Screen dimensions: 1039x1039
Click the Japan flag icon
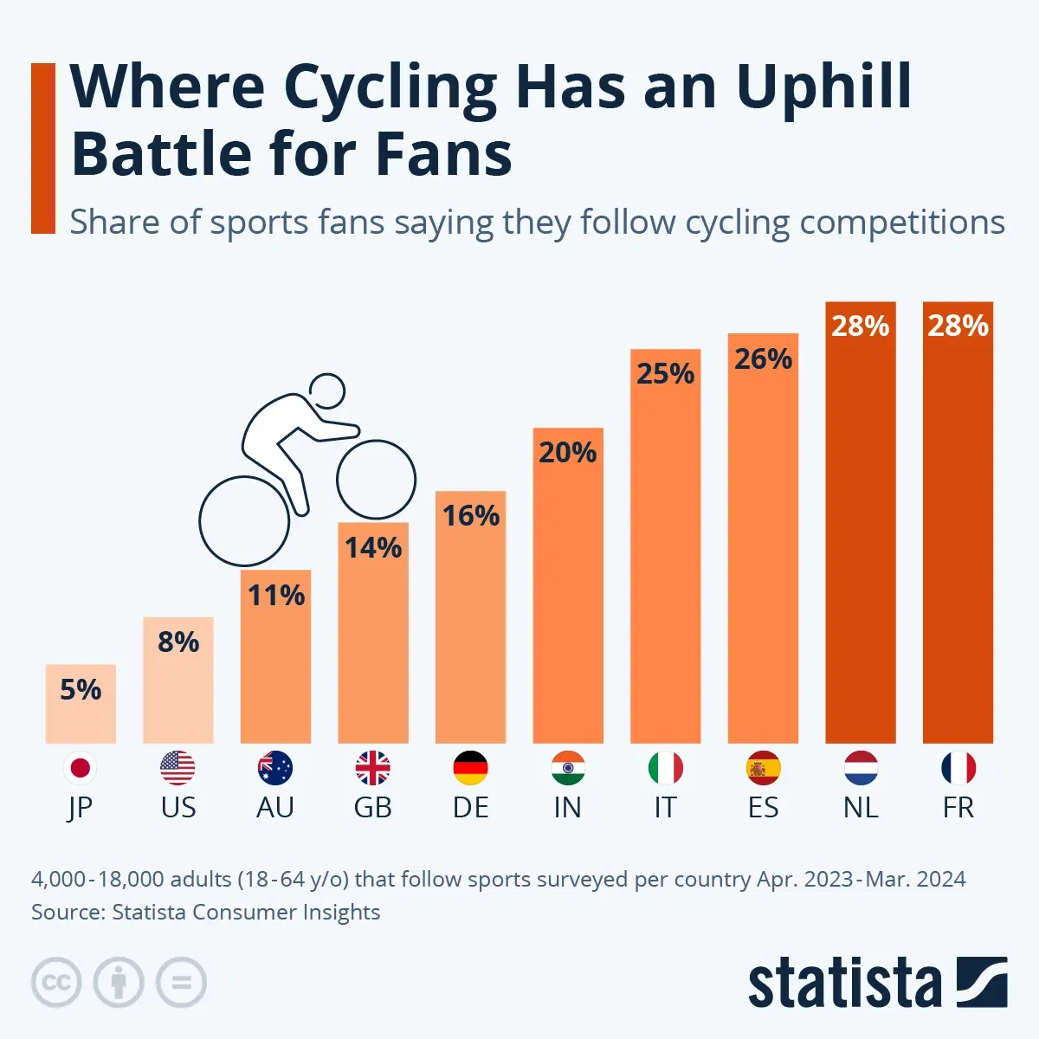[81, 768]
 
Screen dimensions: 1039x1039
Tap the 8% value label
[178, 642]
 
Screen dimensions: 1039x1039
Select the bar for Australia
[275, 667]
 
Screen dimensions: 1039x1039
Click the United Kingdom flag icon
[373, 768]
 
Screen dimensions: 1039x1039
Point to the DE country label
[470, 807]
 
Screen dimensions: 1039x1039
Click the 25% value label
[665, 374]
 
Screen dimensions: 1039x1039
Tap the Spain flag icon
[763, 768]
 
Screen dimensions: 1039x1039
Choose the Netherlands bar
[861, 537]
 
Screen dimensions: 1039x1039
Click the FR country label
[958, 807]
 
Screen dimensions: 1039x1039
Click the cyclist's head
[328, 391]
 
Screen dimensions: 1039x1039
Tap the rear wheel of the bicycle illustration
[244, 520]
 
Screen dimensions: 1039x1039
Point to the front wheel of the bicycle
[376, 481]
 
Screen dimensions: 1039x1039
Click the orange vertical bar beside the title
[43, 148]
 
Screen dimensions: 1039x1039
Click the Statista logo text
[844, 984]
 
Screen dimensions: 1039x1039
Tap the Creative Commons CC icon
[56, 983]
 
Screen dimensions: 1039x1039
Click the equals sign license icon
[181, 983]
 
